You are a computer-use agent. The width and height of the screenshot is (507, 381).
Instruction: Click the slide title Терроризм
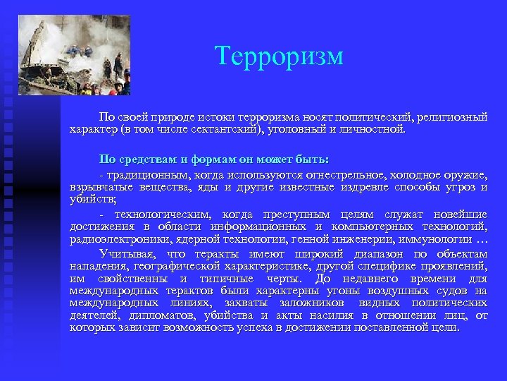279,56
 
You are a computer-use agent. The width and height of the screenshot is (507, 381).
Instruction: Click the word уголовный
303,130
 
